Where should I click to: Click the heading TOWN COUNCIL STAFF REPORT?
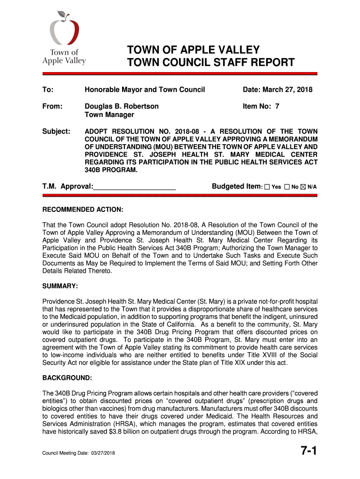click(211, 63)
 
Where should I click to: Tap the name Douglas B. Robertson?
click(122, 106)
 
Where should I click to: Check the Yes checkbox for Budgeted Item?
click(267, 187)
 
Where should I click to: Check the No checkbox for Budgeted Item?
click(287, 187)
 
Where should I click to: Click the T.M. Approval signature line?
click(134, 187)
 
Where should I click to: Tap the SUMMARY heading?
click(60, 285)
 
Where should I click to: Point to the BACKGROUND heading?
click(67, 377)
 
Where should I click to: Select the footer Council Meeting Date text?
click(79, 454)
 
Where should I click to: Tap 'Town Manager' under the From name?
click(109, 115)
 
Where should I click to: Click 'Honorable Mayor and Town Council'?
click(144, 90)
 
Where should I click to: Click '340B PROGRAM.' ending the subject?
click(111, 170)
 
